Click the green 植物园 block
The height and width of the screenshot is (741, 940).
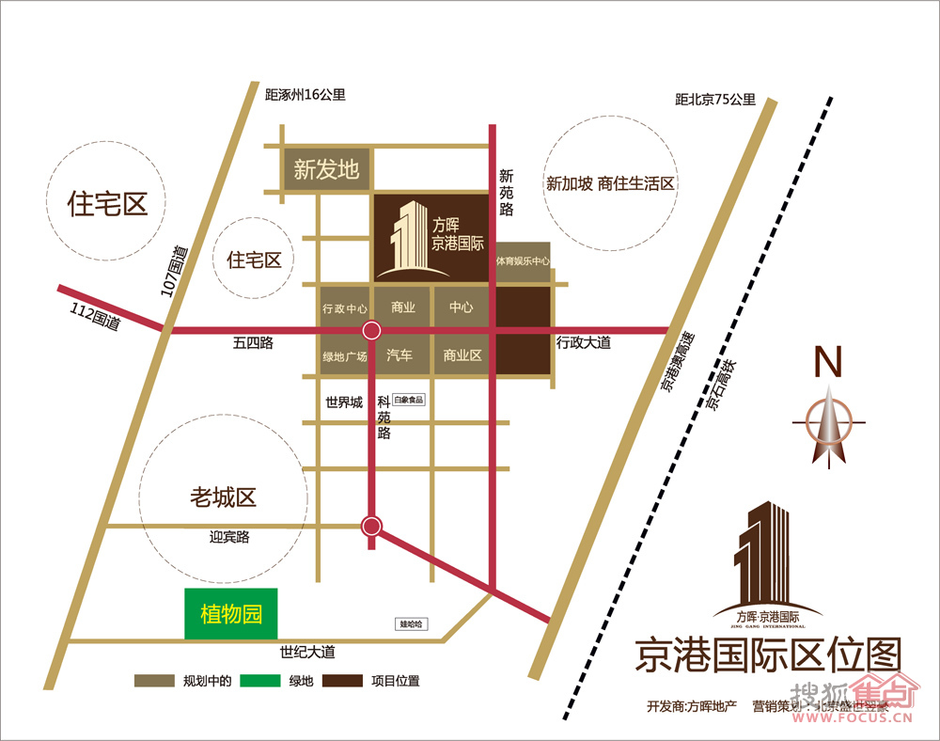(231, 615)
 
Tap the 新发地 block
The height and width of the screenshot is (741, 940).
(326, 170)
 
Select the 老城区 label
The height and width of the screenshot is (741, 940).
(223, 497)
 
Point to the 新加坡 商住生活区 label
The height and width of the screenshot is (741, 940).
(611, 183)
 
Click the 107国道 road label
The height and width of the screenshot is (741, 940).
(175, 272)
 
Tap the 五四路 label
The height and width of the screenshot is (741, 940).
(253, 343)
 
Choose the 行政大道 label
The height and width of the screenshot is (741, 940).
(583, 342)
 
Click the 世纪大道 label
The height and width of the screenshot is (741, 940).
(307, 652)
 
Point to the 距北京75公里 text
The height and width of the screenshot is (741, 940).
(715, 99)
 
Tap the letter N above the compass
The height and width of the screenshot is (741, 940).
(827, 361)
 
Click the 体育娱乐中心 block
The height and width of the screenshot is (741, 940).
(523, 260)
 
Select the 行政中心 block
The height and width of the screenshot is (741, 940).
(345, 308)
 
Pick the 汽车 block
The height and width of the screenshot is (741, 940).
(399, 355)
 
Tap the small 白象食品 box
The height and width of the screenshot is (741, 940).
(409, 399)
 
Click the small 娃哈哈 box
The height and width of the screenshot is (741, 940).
(412, 623)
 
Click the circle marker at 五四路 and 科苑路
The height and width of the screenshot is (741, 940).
(372, 330)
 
